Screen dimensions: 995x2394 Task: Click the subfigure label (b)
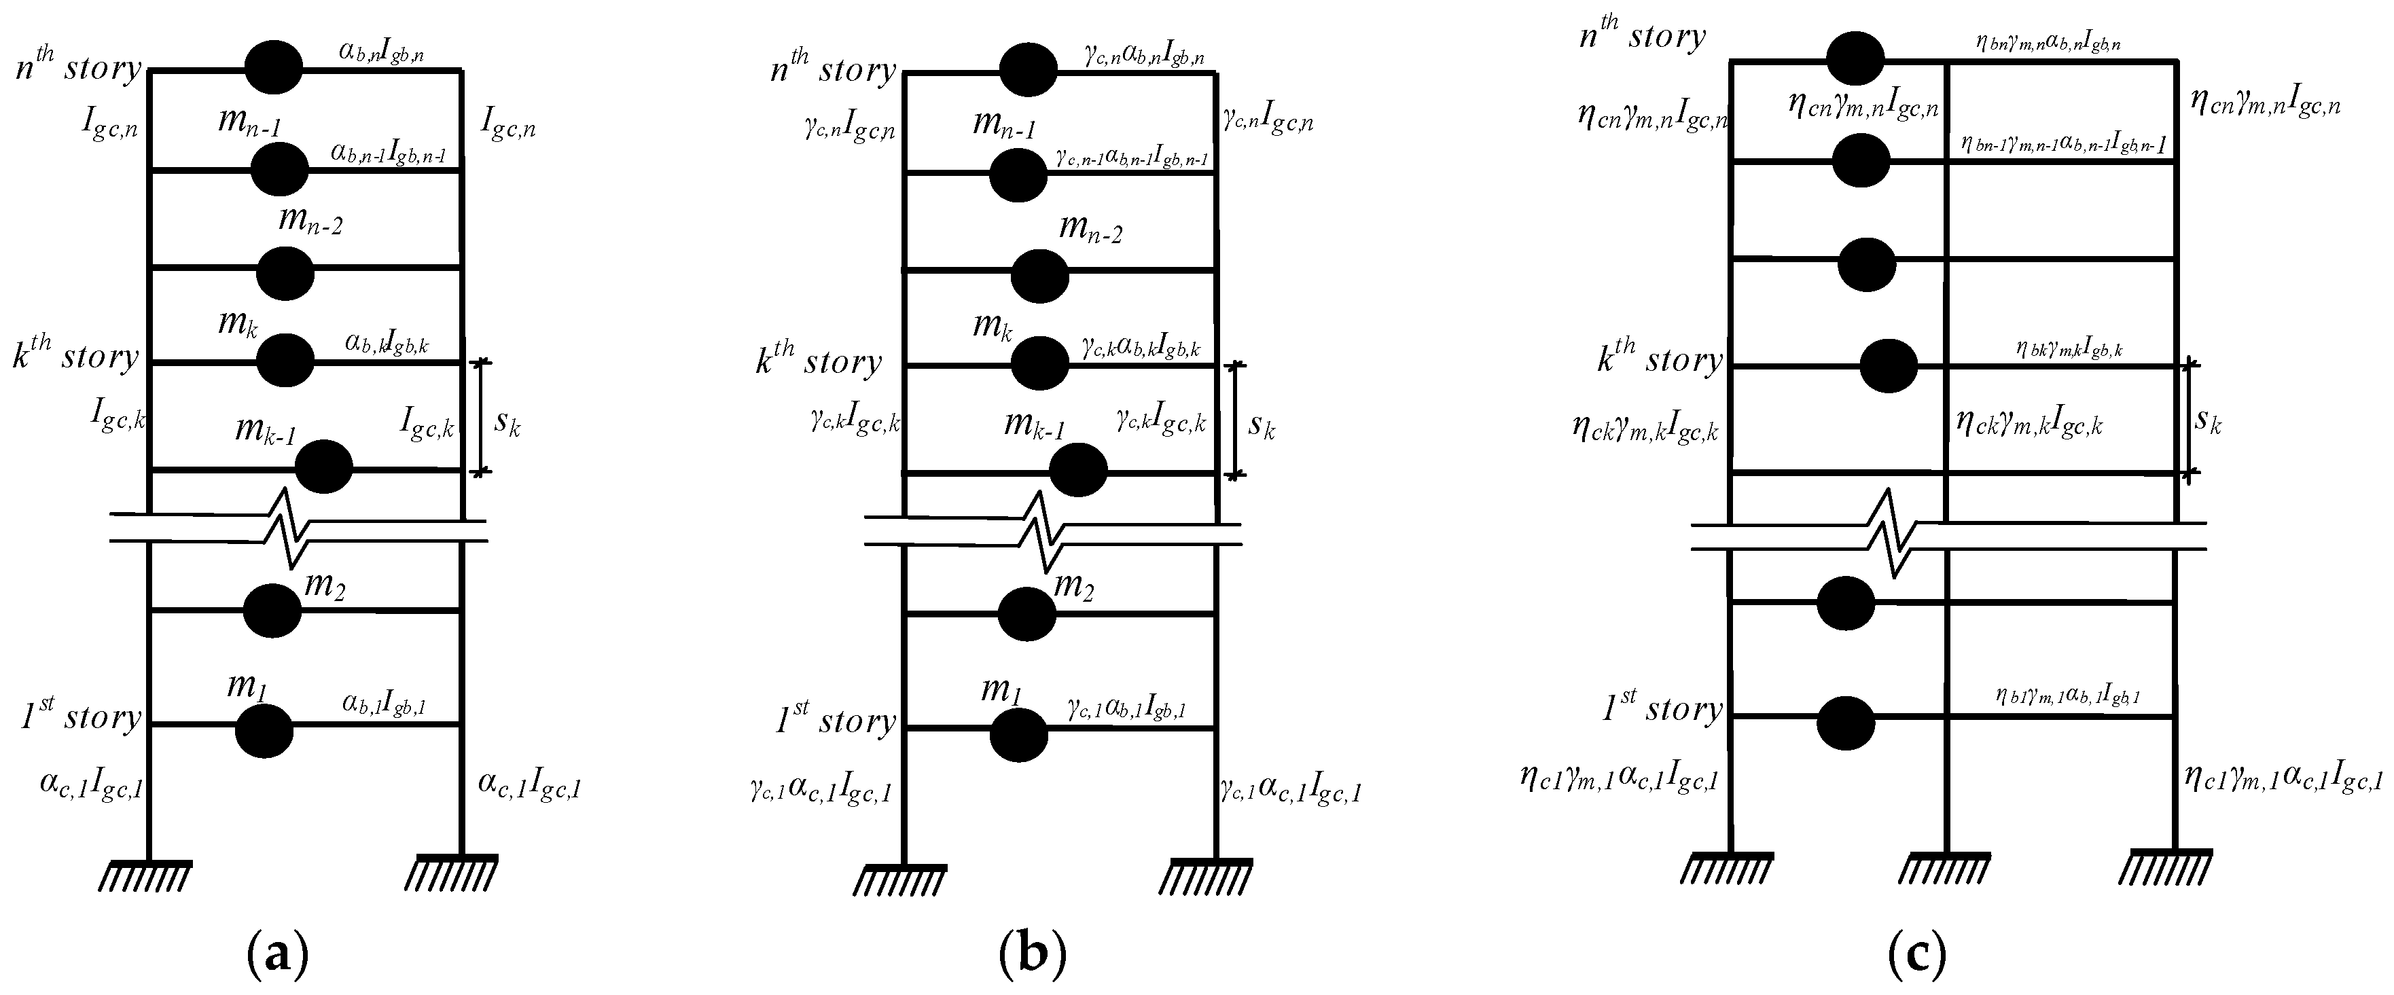click(x=1033, y=954)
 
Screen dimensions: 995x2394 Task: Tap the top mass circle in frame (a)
click(x=273, y=67)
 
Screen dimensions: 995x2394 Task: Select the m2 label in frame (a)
click(x=324, y=587)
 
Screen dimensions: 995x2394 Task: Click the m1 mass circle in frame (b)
click(x=1018, y=735)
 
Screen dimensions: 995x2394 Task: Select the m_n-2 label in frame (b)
click(x=1090, y=228)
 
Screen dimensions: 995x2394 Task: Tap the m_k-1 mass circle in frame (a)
click(x=324, y=467)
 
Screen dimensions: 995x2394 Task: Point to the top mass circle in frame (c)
click(x=1855, y=58)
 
